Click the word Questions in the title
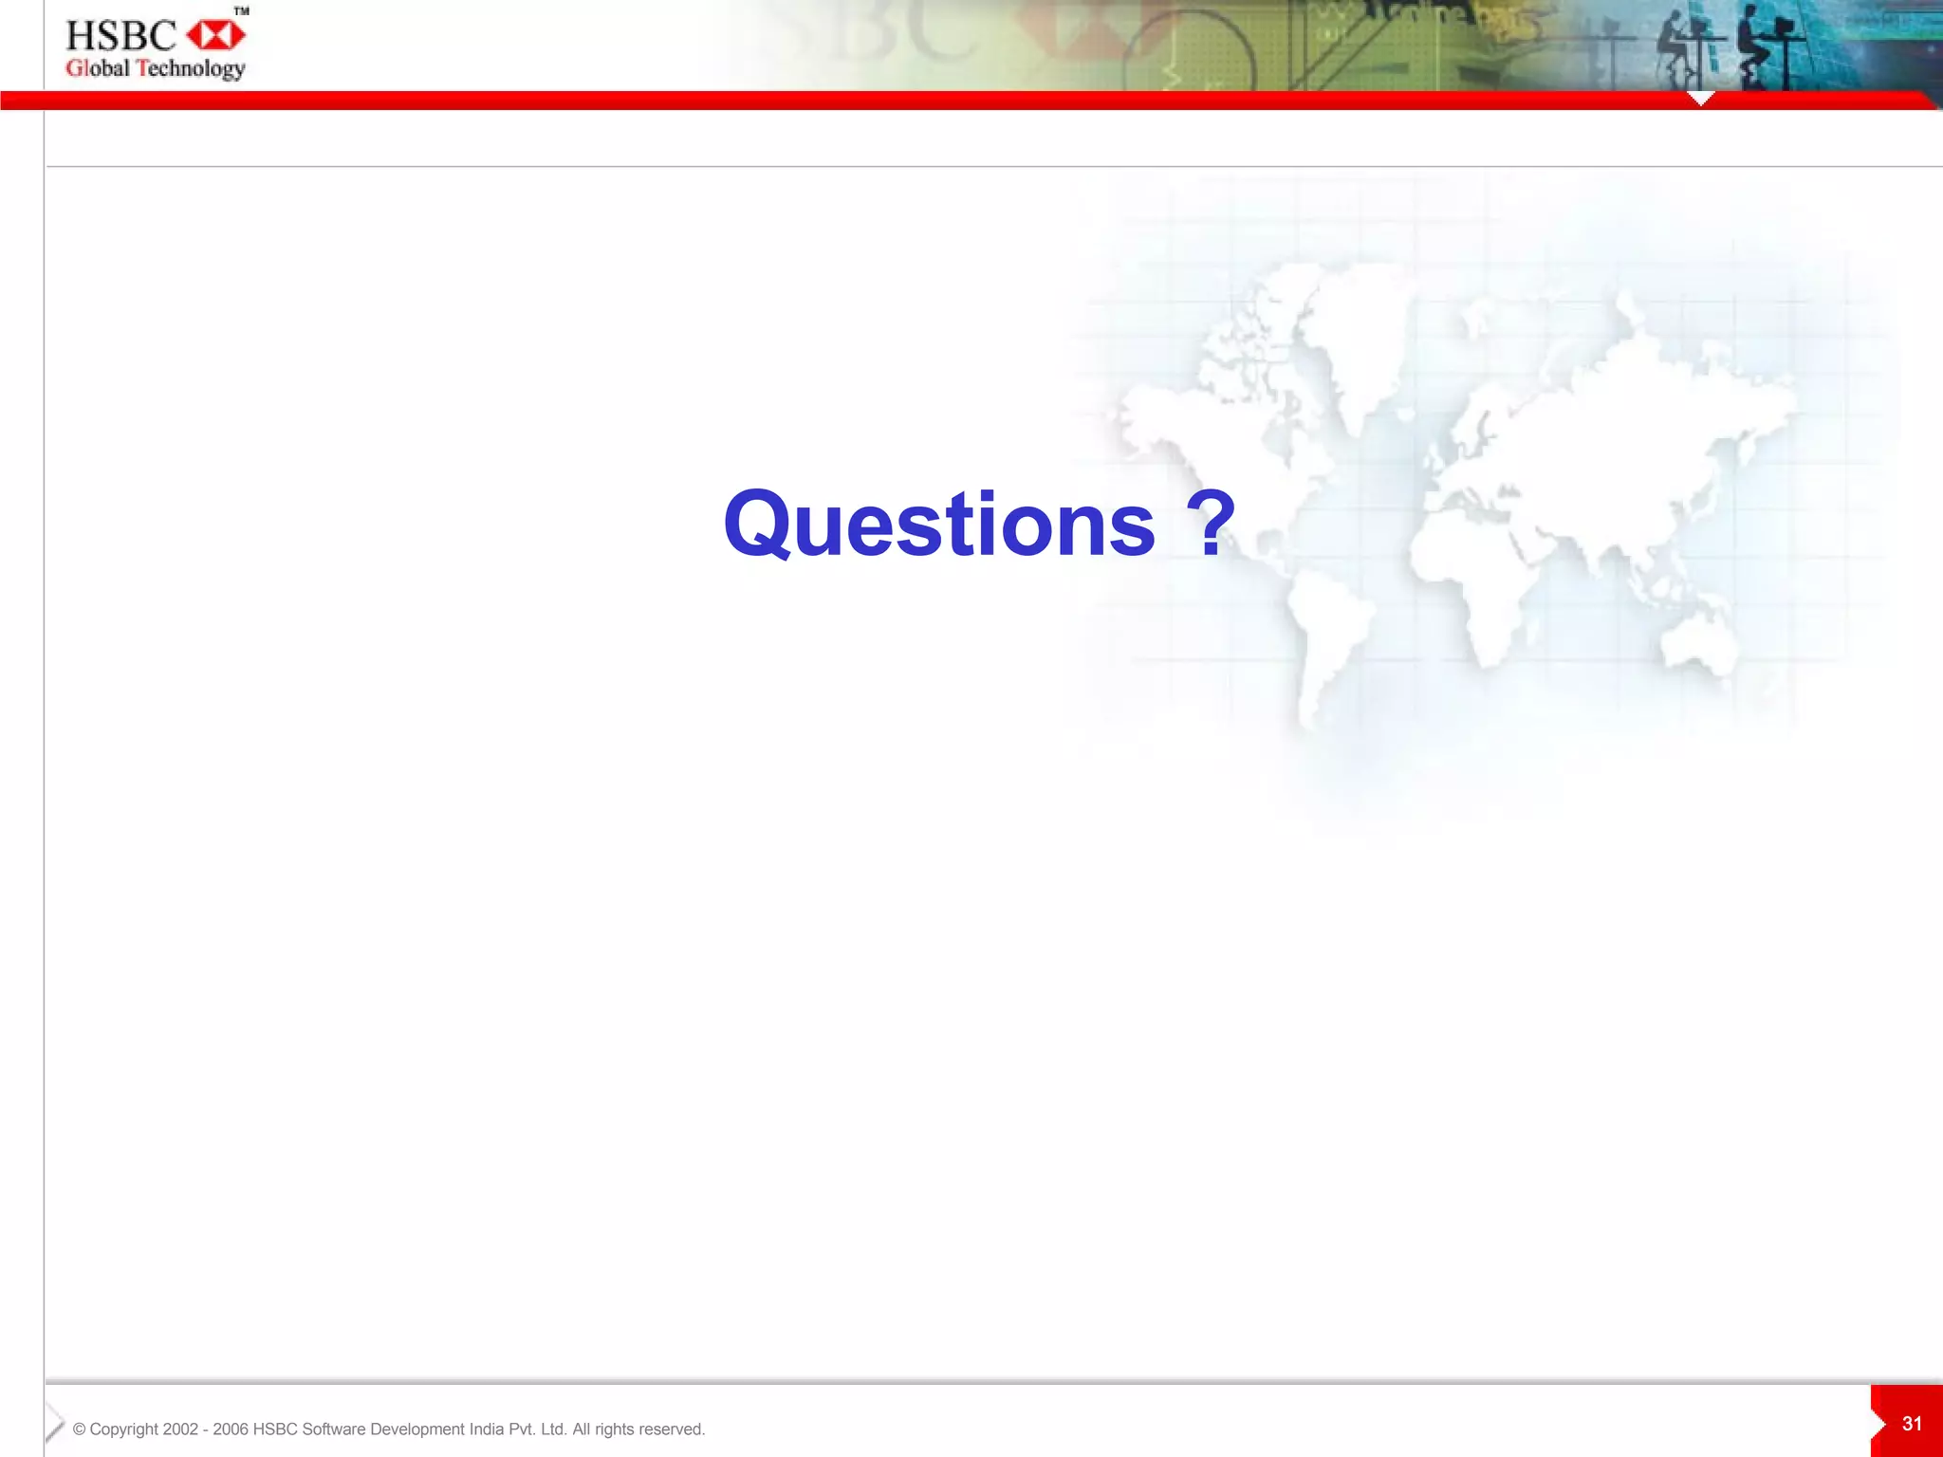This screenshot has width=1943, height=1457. coord(939,525)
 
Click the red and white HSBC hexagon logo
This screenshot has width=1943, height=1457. coord(216,35)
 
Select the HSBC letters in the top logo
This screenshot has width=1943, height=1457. coord(120,36)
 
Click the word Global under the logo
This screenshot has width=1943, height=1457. coord(97,68)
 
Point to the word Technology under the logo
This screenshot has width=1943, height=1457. coord(191,68)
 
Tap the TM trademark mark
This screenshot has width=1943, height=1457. coord(242,11)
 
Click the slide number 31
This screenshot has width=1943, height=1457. coord(1912,1424)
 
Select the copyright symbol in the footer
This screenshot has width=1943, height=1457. coord(79,1429)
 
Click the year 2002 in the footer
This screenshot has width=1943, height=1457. coord(180,1429)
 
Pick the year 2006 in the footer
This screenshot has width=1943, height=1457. coord(231,1429)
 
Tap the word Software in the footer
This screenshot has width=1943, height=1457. coord(333,1429)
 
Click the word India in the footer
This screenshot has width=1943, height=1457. coord(486,1429)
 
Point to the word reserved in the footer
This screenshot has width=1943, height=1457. coord(671,1429)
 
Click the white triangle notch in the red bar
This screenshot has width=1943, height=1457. coord(1701,99)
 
